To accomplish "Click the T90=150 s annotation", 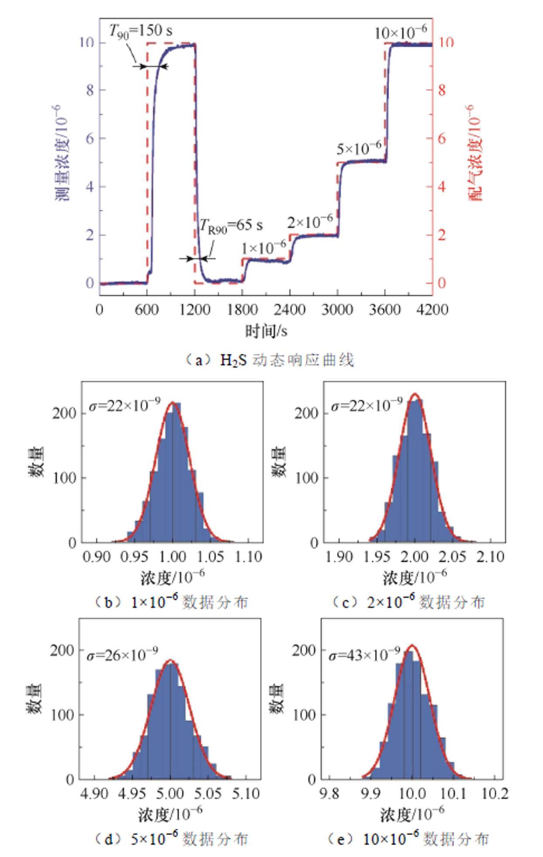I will [140, 31].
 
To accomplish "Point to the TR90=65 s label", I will [231, 225].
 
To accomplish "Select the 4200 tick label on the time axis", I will [432, 310].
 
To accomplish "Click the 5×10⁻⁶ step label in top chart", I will [359, 149].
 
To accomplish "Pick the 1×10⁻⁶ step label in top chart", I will [264, 248].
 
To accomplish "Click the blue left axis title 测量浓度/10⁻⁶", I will [64, 153].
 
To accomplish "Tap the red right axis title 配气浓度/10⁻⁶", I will [476, 153].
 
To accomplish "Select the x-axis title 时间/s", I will [266, 331].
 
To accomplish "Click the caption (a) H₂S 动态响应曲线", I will [270, 360].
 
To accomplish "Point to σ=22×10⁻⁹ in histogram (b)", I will [125, 405].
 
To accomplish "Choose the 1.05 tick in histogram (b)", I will [211, 557].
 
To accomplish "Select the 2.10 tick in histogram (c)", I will [491, 557].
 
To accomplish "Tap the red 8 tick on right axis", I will [442, 90].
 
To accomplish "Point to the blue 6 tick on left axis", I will [90, 139].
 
